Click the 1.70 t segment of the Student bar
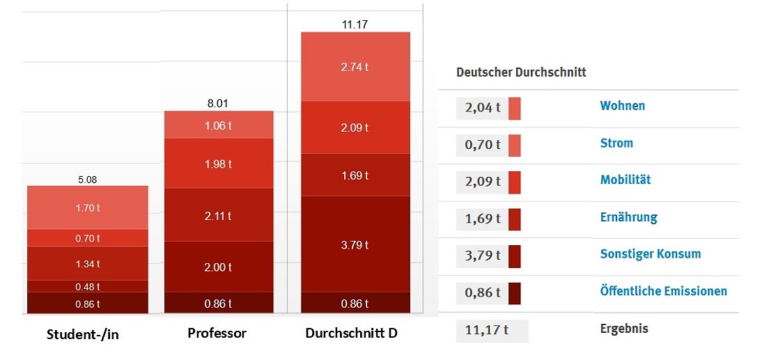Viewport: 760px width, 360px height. tap(88, 208)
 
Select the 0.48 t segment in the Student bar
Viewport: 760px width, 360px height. tap(88, 286)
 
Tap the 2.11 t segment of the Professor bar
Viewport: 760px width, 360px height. tap(219, 215)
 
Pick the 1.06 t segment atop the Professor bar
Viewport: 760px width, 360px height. tap(219, 125)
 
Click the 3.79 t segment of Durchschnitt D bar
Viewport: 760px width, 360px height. tap(355, 244)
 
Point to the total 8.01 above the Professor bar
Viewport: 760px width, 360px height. tap(218, 104)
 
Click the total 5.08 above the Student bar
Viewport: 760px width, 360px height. tap(88, 180)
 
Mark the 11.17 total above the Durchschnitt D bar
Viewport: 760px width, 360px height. tap(355, 24)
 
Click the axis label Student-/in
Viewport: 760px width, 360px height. tap(83, 335)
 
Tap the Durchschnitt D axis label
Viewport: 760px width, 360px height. tap(352, 333)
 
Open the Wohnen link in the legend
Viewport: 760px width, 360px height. tap(622, 106)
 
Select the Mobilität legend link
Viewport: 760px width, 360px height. tap(625, 180)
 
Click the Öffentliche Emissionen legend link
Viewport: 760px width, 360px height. tap(663, 291)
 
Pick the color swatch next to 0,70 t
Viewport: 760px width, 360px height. tap(515, 145)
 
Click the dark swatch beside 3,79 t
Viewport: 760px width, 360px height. tap(515, 256)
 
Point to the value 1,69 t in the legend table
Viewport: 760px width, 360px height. tap(483, 219)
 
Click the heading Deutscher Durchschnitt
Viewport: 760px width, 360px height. tap(521, 72)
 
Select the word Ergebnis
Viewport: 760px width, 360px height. tap(624, 329)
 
